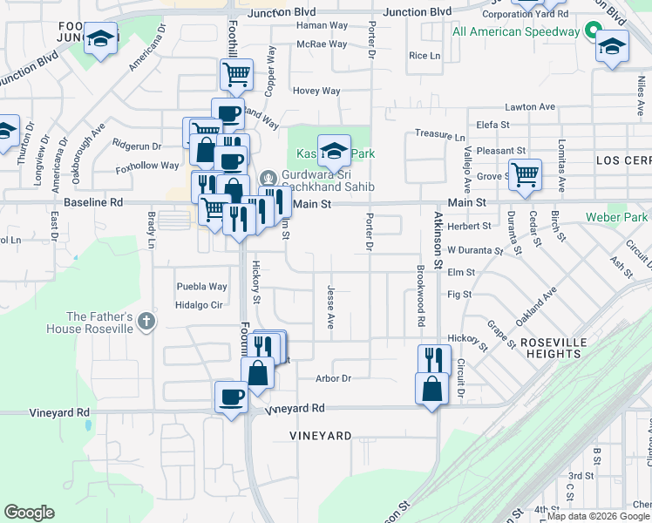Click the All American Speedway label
click(x=516, y=31)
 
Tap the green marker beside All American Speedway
click(x=593, y=31)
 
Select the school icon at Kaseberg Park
click(x=333, y=152)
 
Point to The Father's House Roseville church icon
click(x=146, y=322)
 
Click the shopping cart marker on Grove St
click(x=525, y=174)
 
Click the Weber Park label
click(x=617, y=216)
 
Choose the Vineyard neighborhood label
click(x=322, y=435)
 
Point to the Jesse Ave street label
click(x=330, y=306)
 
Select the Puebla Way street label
click(x=201, y=286)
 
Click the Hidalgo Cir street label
click(x=200, y=305)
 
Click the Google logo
click(x=29, y=513)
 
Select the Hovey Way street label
click(x=316, y=91)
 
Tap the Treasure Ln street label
click(x=439, y=135)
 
